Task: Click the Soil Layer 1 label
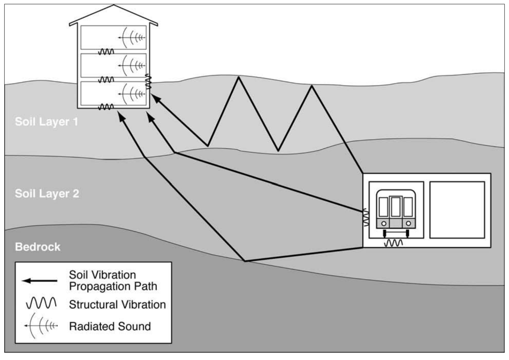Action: (x=47, y=121)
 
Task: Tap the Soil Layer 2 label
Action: (x=47, y=193)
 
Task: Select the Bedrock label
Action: (x=37, y=247)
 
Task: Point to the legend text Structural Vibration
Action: (x=117, y=304)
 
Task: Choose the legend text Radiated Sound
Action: (x=110, y=326)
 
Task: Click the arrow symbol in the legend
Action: (x=41, y=280)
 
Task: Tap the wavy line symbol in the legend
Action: (x=41, y=304)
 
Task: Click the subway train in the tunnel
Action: (x=395, y=210)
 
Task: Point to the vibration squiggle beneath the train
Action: (x=395, y=243)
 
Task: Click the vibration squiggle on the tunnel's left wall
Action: (x=367, y=216)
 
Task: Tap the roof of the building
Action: (x=113, y=14)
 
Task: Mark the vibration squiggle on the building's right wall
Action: (x=149, y=81)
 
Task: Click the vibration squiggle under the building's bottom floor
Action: (x=106, y=107)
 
